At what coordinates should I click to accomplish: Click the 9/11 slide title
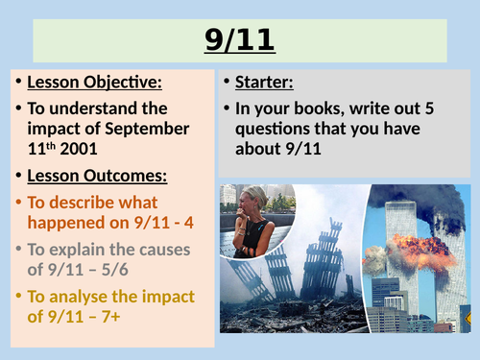click(x=239, y=41)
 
